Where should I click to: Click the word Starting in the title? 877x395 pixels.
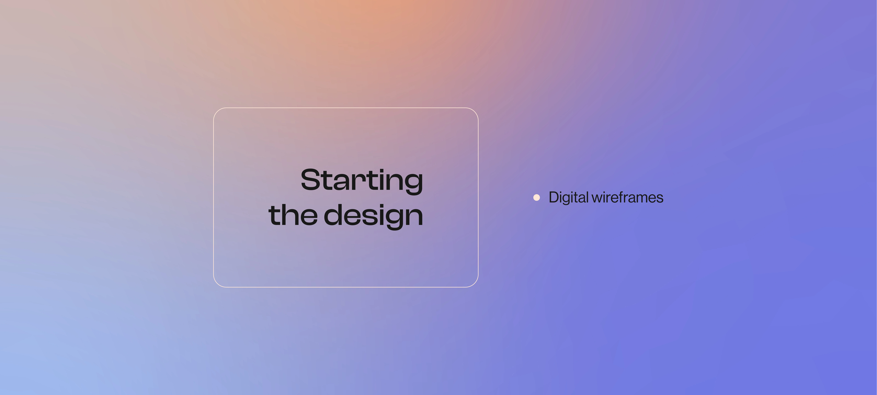pos(362,181)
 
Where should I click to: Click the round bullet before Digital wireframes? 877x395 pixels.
pos(537,197)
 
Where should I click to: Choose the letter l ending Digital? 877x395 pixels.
pos(587,197)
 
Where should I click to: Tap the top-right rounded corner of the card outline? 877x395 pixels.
pos(475,112)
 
